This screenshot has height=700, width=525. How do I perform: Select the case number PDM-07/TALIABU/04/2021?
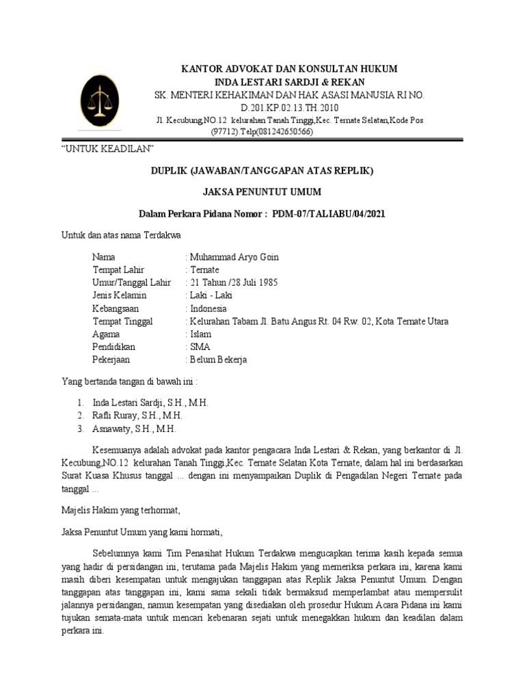coord(329,214)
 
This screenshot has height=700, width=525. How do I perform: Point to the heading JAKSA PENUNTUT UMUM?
coord(262,191)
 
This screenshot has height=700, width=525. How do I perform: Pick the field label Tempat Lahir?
coord(118,270)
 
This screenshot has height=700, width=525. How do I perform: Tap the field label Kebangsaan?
coord(116,308)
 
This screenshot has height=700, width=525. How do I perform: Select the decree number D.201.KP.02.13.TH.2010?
coord(289,108)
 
